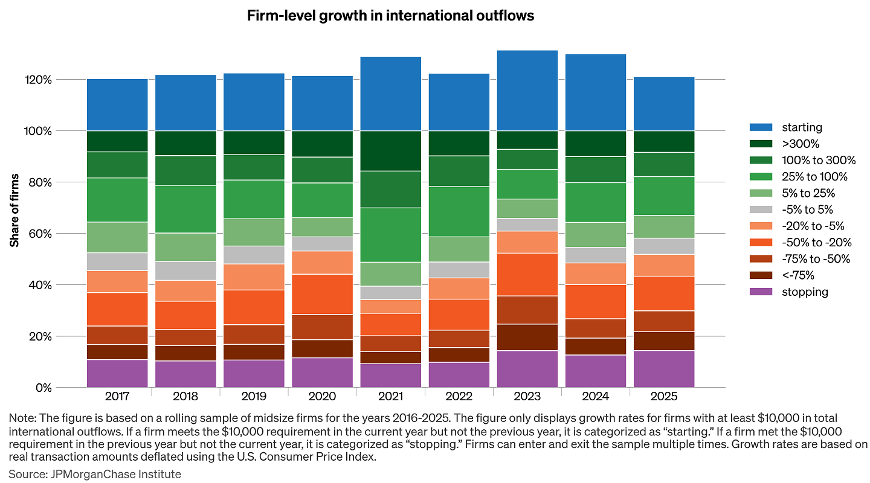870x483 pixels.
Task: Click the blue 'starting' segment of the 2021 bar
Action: click(390, 94)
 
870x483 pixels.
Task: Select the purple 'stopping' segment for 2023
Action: click(527, 369)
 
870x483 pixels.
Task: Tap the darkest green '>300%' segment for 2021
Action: click(390, 151)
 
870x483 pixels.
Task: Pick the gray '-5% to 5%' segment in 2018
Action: click(185, 270)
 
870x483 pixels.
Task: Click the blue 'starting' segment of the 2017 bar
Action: click(117, 104)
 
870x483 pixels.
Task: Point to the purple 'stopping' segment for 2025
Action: click(663, 369)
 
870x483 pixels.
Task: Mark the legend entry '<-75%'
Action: click(797, 275)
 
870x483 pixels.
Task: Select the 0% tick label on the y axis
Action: click(61, 388)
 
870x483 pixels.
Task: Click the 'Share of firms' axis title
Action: click(14, 210)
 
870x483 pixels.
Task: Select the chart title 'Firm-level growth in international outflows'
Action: click(390, 16)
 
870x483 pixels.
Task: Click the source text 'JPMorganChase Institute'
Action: click(114, 474)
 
